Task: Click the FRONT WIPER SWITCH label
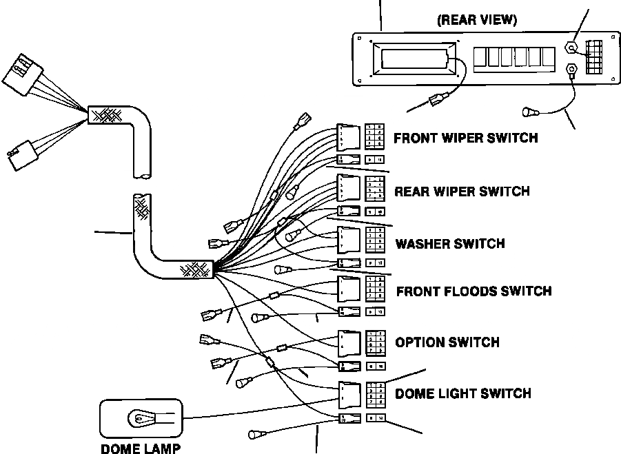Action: click(465, 138)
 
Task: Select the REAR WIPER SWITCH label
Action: click(462, 191)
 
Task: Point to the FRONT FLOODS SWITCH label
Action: click(474, 291)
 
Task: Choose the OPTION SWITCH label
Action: click(447, 342)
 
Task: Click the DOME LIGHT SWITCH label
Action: click(462, 393)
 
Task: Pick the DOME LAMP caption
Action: click(141, 448)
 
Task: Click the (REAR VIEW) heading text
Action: click(477, 20)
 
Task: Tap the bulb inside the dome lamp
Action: click(141, 417)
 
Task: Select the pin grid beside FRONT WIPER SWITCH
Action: click(375, 136)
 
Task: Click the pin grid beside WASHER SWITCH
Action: click(375, 238)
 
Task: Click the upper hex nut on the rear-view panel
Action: click(571, 48)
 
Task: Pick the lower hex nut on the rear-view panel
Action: click(571, 69)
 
